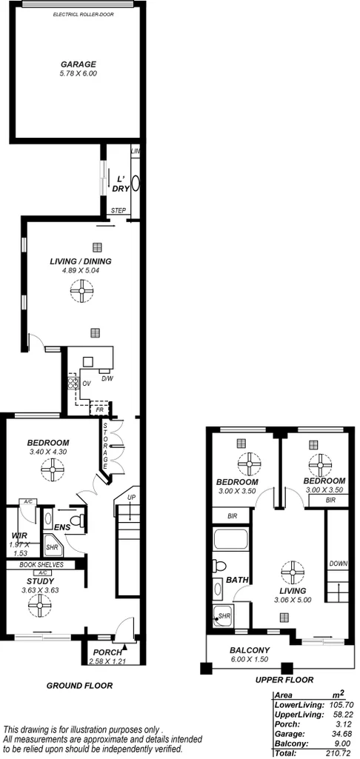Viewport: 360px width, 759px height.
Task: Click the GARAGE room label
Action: pyautogui.click(x=79, y=64)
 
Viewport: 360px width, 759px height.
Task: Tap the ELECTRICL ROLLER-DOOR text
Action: pyautogui.click(x=79, y=14)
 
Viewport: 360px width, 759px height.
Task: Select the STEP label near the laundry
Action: pyautogui.click(x=118, y=211)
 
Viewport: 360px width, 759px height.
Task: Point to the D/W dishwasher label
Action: pyautogui.click(x=107, y=378)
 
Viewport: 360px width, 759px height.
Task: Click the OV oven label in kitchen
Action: pyautogui.click(x=86, y=384)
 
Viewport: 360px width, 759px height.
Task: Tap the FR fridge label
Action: pyautogui.click(x=99, y=408)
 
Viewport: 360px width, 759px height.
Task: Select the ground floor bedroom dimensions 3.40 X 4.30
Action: pyautogui.click(x=48, y=452)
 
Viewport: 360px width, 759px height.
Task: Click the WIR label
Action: pyautogui.click(x=19, y=535)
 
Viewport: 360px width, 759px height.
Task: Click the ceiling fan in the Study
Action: pyautogui.click(x=39, y=606)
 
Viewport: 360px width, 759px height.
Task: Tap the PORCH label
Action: pyautogui.click(x=108, y=652)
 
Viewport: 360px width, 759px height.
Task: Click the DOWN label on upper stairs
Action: pyautogui.click(x=339, y=563)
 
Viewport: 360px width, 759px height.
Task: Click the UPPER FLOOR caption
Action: pyautogui.click(x=284, y=680)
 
